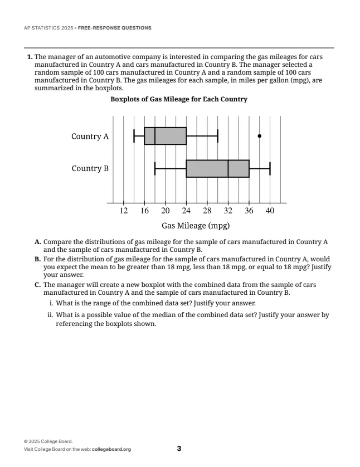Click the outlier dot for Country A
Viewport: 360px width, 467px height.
click(x=260, y=136)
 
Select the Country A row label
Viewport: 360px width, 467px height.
click(x=90, y=136)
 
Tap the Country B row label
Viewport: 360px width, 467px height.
click(x=90, y=168)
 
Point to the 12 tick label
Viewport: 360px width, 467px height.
click(x=124, y=211)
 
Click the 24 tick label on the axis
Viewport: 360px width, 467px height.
click(x=186, y=211)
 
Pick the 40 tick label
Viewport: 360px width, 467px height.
click(x=270, y=211)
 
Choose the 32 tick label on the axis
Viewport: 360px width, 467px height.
click(x=228, y=211)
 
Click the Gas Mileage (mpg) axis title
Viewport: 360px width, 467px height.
click(x=196, y=226)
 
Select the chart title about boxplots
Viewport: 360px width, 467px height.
click(x=179, y=99)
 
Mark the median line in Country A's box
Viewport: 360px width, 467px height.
click(x=155, y=136)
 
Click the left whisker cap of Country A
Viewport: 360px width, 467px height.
click(x=134, y=136)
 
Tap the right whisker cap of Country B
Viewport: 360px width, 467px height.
click(x=270, y=168)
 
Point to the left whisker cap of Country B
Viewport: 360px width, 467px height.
click(x=155, y=168)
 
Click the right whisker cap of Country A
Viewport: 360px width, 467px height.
click(x=217, y=136)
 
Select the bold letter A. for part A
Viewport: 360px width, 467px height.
click(x=38, y=242)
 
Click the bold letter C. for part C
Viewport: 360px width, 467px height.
click(x=38, y=285)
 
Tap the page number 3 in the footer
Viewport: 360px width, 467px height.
click(x=179, y=449)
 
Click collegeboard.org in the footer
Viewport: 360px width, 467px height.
click(x=111, y=450)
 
